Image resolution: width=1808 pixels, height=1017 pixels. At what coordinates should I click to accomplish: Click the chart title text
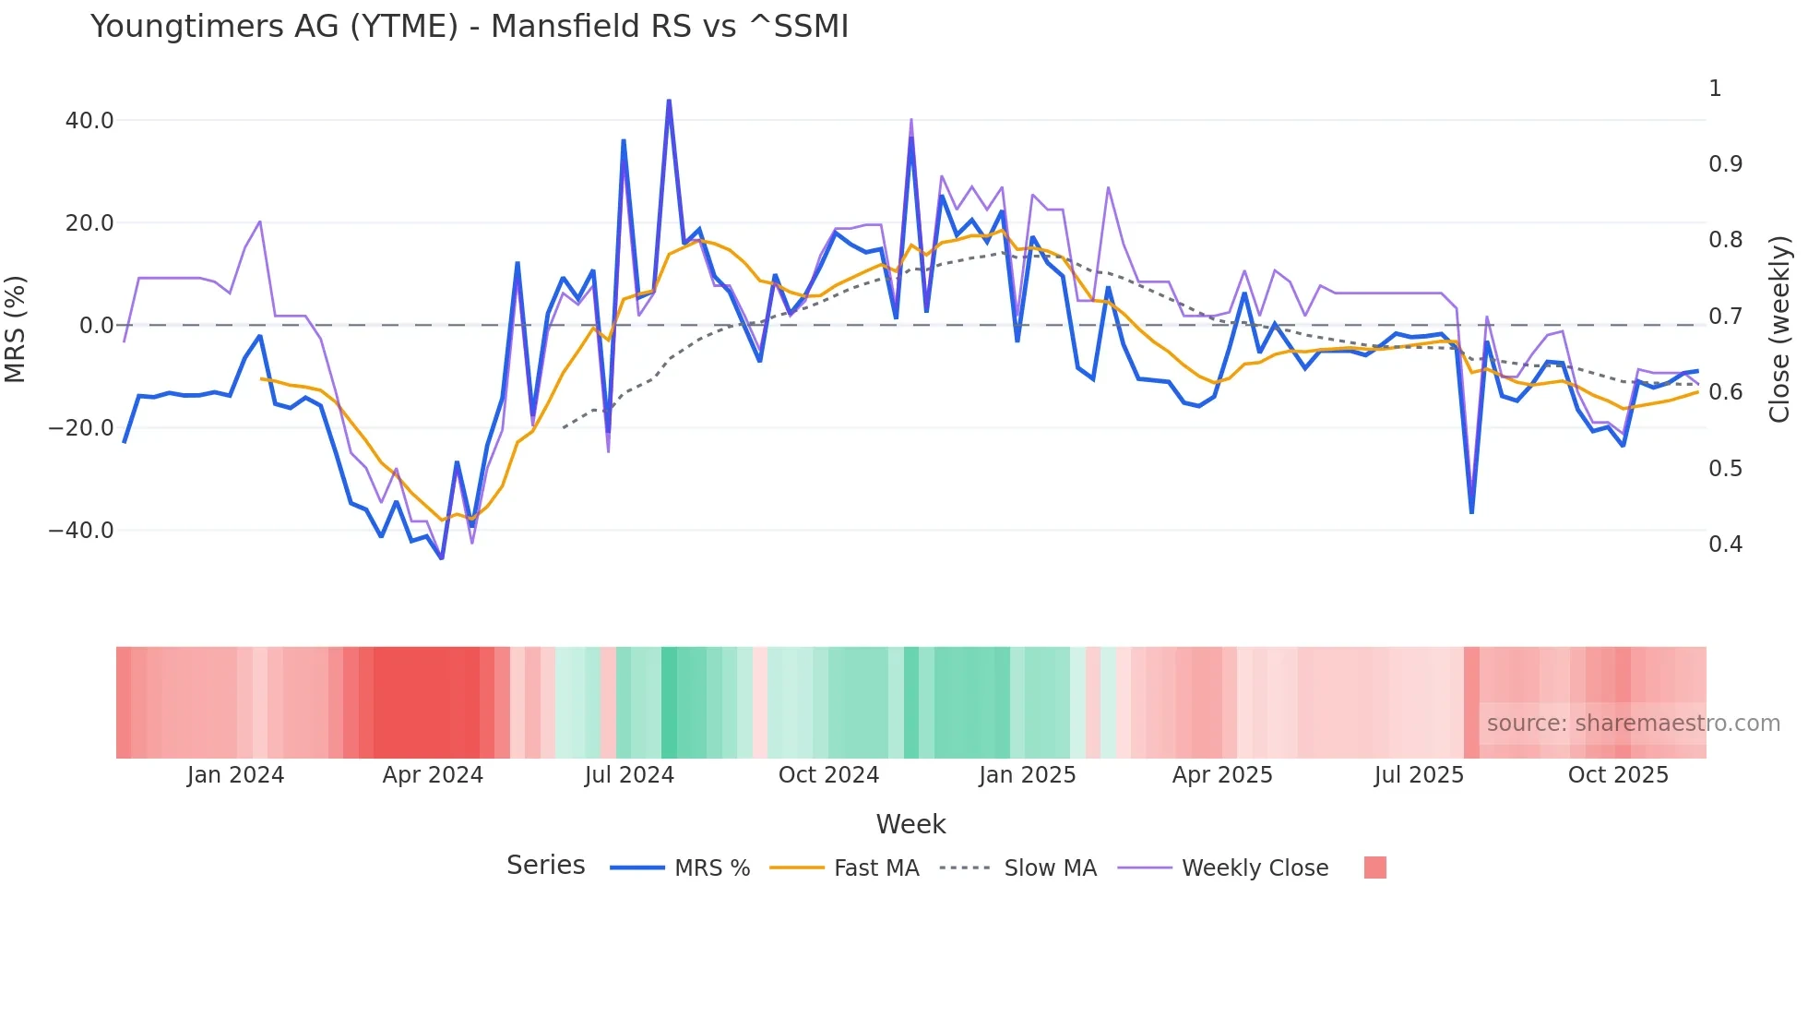pos(469,27)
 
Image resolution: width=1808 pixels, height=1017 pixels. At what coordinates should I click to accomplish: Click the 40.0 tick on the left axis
pos(89,121)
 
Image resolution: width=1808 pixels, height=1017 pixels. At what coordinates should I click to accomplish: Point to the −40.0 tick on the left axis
pos(81,531)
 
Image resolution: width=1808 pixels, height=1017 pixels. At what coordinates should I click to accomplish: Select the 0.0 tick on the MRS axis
pos(96,326)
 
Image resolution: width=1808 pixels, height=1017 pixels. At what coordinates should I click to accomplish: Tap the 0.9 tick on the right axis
pos(1725,164)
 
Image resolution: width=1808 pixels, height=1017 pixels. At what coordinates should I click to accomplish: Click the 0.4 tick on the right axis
pos(1725,544)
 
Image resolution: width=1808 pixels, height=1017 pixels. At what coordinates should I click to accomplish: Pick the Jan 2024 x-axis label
pos(235,775)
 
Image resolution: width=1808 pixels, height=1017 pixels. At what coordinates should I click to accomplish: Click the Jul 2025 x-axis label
pos(1419,775)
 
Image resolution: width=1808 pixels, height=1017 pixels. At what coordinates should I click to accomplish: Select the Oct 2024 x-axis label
pos(828,775)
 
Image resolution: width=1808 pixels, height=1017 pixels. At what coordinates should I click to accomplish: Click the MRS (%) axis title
pos(15,329)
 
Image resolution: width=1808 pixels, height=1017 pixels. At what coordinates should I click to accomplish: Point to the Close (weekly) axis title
pos(1779,329)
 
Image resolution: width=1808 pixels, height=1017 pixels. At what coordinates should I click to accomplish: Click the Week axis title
pos(910,824)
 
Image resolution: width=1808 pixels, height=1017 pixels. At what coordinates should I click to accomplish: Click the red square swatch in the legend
pos(1374,867)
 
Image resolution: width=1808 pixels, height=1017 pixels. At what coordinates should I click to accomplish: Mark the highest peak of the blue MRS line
pos(669,101)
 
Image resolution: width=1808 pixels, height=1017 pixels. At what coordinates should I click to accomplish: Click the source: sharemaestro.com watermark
pos(1633,724)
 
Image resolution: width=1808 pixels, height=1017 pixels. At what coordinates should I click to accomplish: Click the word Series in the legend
pos(545,866)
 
